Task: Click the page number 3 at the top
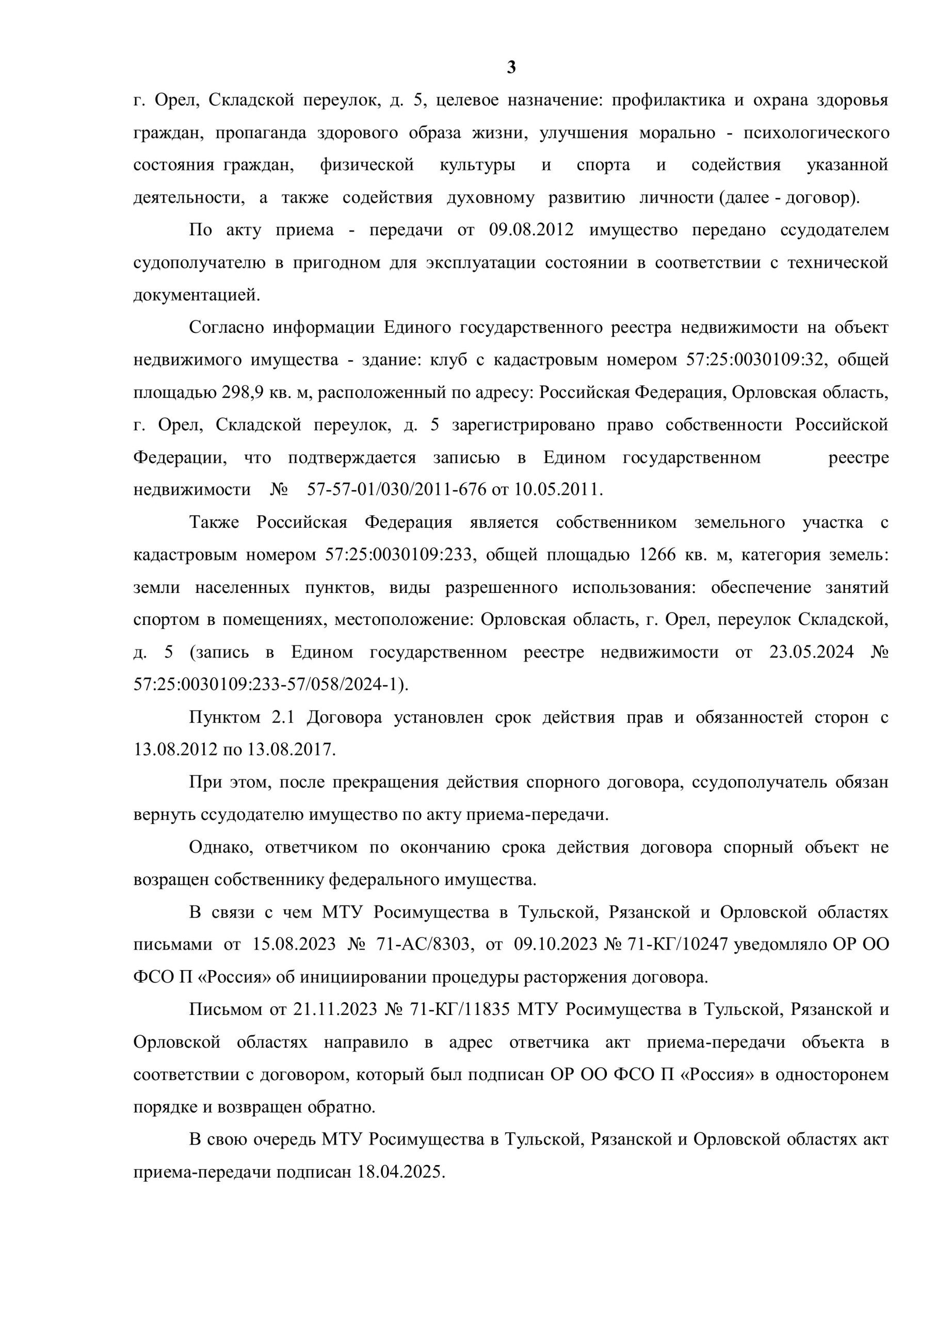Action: coord(511,69)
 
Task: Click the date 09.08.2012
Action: coord(531,230)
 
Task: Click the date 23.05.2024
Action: coord(811,652)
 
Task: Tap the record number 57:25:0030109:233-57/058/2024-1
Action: coord(269,685)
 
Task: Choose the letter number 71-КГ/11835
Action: coord(459,1010)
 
